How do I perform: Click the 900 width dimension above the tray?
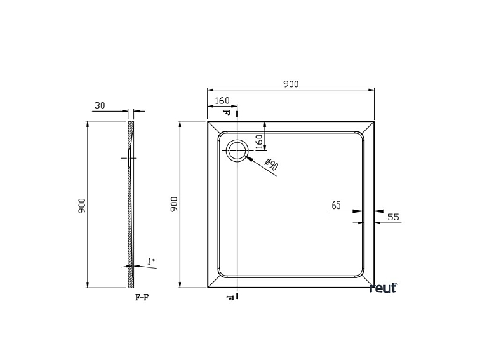[x=291, y=84]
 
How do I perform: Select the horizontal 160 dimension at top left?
[x=222, y=100]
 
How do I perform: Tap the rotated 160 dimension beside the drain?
[x=259, y=141]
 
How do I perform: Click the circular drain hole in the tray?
[x=237, y=150]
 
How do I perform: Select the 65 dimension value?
[x=336, y=205]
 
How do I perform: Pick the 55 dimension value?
[x=393, y=217]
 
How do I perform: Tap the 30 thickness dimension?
[x=100, y=106]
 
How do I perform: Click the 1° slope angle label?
[x=150, y=261]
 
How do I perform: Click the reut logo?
[x=383, y=288]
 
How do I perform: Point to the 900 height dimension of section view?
[x=82, y=204]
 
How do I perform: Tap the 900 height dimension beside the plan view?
[x=175, y=204]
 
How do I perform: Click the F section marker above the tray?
[x=227, y=112]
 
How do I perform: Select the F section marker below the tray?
[x=227, y=297]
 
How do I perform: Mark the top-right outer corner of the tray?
[x=375, y=121]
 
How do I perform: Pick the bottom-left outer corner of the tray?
[x=208, y=288]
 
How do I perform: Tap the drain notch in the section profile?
[x=130, y=157]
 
